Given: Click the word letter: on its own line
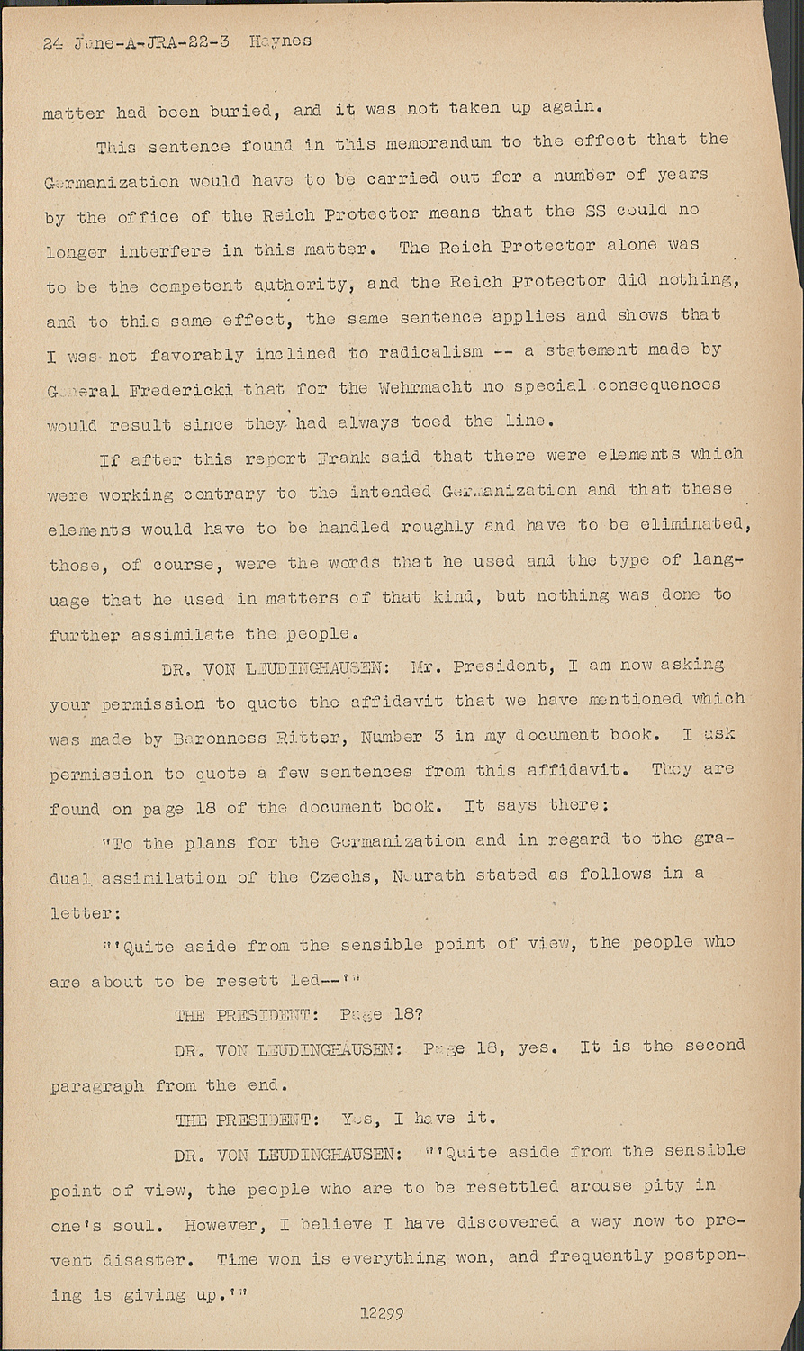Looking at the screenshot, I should click(85, 913).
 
